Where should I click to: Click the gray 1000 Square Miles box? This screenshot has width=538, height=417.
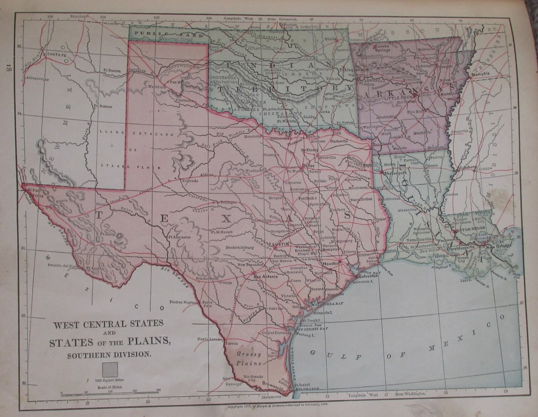pos(110,370)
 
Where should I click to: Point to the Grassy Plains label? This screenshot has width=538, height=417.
pos(250,359)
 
